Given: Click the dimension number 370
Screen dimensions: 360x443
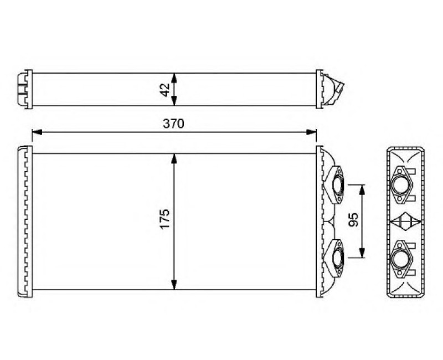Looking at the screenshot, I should click(173, 124).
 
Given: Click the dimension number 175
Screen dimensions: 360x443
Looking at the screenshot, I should click(163, 220).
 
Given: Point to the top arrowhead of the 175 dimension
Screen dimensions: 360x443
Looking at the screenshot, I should click(174, 158).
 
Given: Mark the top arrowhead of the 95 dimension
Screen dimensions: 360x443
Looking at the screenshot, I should click(362, 189).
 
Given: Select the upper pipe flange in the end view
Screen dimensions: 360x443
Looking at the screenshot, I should click(403, 184).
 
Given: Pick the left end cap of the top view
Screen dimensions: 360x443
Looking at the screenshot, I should click(24, 89).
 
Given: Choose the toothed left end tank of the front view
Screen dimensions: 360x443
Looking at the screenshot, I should click(25, 222).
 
